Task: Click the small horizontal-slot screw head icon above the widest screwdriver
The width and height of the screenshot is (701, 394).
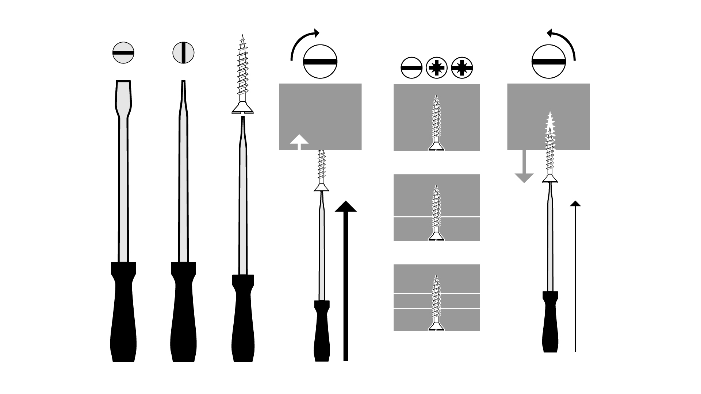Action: [123, 53]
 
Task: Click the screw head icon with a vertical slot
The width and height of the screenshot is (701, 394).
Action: [183, 53]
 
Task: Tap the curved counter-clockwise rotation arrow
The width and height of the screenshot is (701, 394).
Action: [562, 42]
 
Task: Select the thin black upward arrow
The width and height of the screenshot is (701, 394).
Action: [575, 277]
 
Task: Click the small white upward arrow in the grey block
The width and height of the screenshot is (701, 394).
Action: [299, 142]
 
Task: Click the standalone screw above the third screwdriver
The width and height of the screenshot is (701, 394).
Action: [242, 73]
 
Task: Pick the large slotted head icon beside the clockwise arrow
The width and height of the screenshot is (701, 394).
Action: [320, 61]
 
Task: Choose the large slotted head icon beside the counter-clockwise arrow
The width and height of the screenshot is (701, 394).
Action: [548, 61]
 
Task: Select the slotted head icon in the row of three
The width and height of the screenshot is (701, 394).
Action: [411, 68]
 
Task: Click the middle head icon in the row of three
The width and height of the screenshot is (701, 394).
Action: [437, 68]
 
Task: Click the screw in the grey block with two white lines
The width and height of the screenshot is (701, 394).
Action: [436, 303]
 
